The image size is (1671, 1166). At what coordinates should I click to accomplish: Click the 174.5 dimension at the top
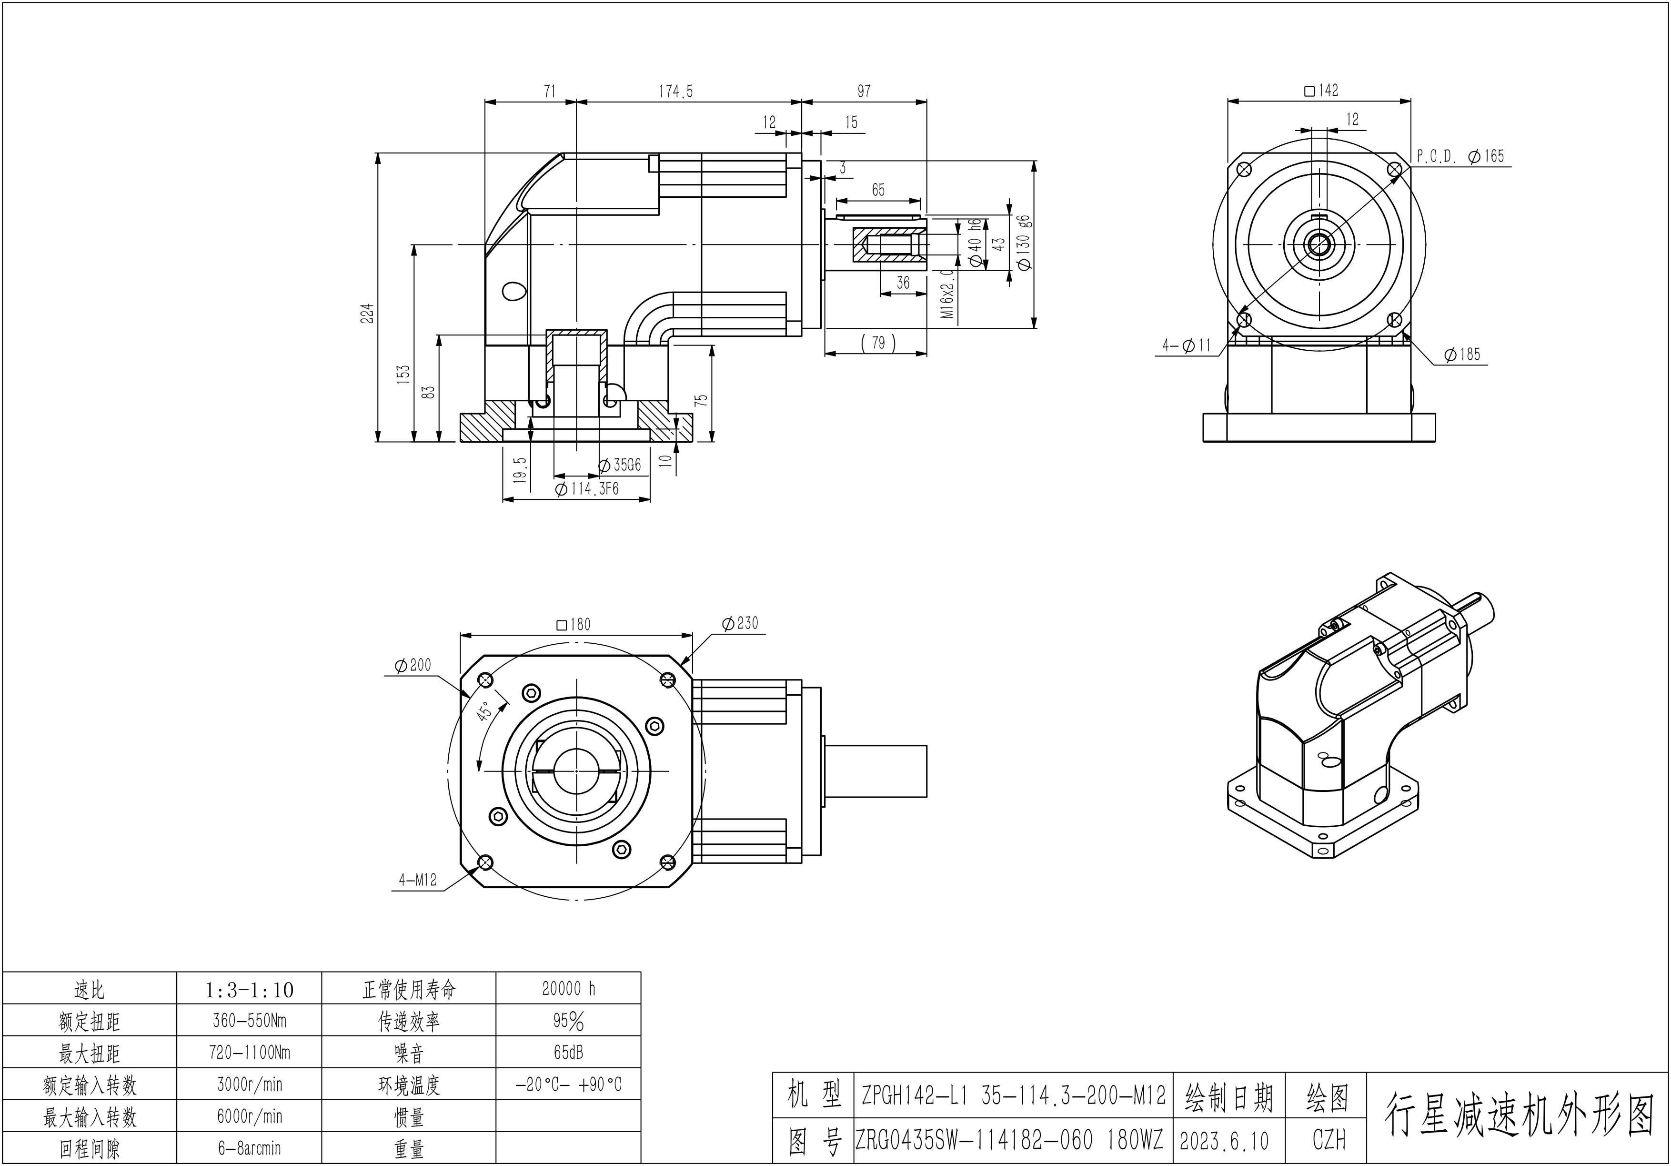pos(675,91)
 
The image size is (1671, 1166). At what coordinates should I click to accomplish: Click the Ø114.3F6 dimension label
pos(586,489)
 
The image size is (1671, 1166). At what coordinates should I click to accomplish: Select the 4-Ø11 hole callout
pos(1186,346)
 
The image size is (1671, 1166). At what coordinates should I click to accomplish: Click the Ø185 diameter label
pos(1462,355)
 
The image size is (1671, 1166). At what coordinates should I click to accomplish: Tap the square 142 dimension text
pos(1321,90)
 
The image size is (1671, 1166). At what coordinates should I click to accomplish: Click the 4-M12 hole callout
pos(417,880)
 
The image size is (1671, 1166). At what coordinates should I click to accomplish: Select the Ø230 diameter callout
pos(740,623)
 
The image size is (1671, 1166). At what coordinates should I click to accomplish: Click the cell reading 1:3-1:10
pos(249,990)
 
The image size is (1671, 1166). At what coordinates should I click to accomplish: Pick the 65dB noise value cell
pos(568,1053)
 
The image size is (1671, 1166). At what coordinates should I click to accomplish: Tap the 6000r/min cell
pos(249,1116)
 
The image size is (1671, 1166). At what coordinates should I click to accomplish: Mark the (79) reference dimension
pos(878,343)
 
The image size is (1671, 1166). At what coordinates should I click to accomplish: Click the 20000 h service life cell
pos(568,988)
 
